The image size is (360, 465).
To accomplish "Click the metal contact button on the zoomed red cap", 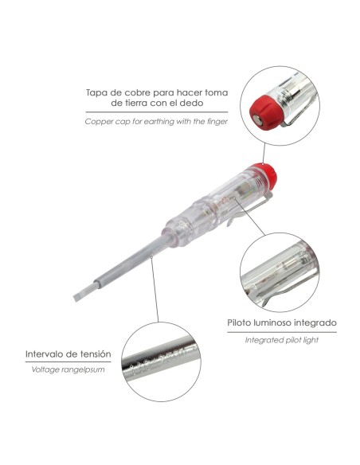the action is coord(256,119).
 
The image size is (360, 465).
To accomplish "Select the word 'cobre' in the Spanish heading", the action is coord(137,92).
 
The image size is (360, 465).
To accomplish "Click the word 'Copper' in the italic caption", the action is coord(96,122).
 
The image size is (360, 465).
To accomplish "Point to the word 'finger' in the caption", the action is coord(217,121).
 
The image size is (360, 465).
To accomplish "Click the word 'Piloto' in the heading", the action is coord(239,322).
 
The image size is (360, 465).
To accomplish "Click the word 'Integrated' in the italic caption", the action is coord(262,340).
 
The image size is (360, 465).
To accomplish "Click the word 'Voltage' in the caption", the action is coord(44,369).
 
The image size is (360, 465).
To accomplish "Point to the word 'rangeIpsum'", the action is coord(81,370).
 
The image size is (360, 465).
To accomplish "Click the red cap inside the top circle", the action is coord(264,111).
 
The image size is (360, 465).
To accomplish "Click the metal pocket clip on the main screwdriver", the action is coord(249,209).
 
